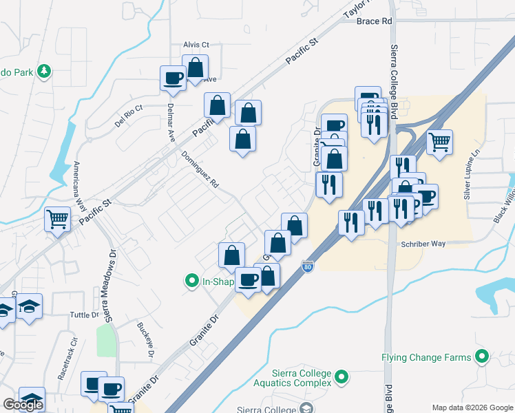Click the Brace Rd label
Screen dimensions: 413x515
click(x=374, y=21)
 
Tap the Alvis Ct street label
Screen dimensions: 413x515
click(x=196, y=45)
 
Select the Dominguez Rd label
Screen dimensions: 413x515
click(x=200, y=169)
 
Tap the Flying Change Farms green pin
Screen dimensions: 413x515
click(x=482, y=357)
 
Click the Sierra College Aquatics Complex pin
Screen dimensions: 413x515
click(x=342, y=377)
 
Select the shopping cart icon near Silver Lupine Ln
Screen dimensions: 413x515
click(x=439, y=142)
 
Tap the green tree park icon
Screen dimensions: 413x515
click(x=44, y=71)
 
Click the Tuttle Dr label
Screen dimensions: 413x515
click(x=85, y=315)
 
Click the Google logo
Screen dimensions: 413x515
click(x=23, y=405)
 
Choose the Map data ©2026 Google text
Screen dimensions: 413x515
click(x=472, y=407)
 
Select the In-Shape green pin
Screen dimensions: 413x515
click(x=191, y=280)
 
